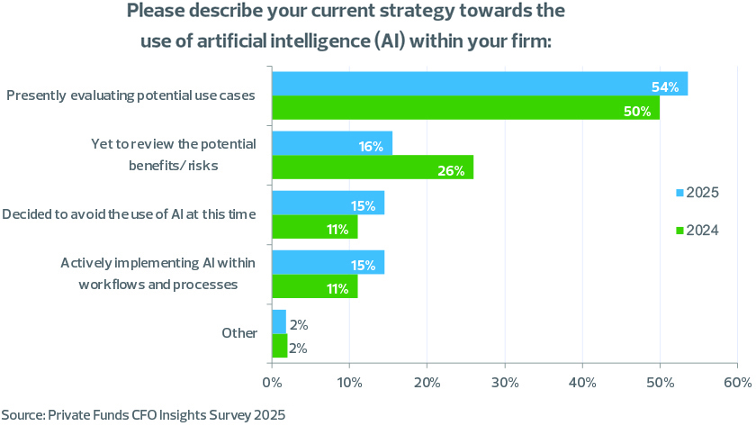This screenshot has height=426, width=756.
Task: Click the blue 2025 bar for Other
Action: pos(279,322)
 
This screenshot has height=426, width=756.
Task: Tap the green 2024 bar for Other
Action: pos(279,346)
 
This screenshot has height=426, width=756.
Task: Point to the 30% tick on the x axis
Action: pos(505,383)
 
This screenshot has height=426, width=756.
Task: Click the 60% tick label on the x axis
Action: pos(737,383)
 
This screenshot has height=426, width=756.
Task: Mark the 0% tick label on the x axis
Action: pos(272,383)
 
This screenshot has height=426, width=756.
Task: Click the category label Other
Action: pos(239,333)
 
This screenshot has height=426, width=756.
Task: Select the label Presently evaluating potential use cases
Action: pos(130,95)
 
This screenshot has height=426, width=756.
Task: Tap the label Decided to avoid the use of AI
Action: pos(130,214)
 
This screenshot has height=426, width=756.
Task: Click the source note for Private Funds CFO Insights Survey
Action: pos(143,415)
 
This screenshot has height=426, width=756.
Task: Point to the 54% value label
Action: pos(664,86)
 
